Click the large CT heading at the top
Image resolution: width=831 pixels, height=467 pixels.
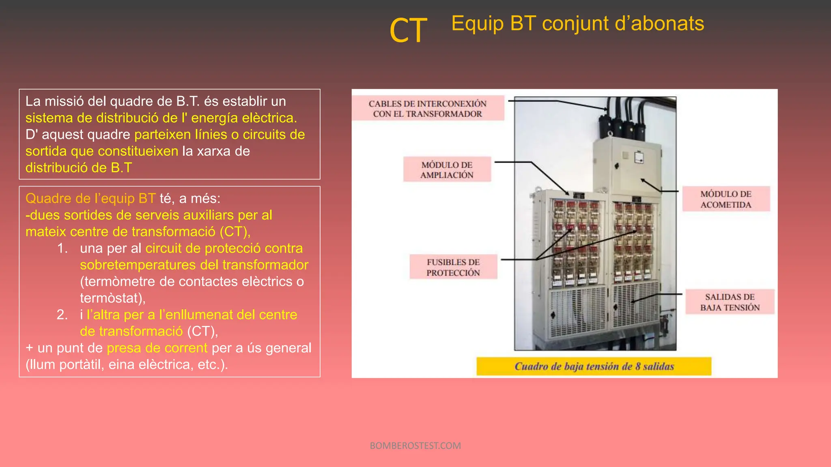coord(408,30)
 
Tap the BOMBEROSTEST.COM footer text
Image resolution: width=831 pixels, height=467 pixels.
coord(415,446)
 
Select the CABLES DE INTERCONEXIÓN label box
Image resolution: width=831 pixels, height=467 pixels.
coord(428,108)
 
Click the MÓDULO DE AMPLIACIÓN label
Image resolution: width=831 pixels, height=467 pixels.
coord(447,170)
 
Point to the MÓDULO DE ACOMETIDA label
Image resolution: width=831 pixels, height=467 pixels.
coord(726,199)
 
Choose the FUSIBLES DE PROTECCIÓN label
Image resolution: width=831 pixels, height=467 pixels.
coord(453,267)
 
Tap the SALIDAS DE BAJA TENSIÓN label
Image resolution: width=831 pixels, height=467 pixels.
coord(730,302)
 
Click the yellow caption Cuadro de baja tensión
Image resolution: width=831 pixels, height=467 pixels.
coord(593,366)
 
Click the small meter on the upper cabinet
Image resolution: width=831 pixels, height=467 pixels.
coord(639,157)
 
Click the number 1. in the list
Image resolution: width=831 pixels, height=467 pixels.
coord(62,248)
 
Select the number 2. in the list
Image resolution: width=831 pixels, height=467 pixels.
coord(62,315)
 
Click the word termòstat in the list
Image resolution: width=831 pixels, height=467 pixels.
coord(110,298)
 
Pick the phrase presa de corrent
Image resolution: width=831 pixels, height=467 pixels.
coord(157,348)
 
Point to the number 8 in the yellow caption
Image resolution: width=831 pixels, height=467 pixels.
coord(638,366)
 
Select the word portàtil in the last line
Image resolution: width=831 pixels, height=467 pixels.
coord(81,364)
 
